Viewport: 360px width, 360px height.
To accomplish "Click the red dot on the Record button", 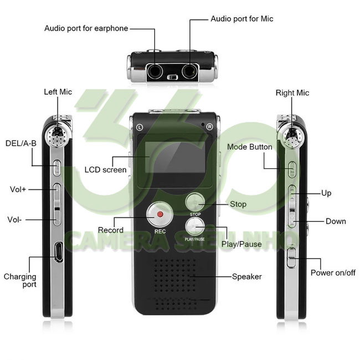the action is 160,214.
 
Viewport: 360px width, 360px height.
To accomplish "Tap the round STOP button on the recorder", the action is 195,202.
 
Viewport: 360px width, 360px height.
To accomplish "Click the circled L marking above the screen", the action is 140,127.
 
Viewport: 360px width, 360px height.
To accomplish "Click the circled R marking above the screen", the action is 209,127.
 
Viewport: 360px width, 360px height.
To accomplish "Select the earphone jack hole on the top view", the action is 155,71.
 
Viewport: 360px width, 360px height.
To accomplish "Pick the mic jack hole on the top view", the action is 190,71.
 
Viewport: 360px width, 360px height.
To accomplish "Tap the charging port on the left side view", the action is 59,251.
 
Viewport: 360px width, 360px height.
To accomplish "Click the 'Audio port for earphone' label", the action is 86,28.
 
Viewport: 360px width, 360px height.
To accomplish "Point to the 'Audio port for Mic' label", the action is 242,19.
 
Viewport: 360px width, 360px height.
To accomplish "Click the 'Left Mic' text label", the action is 58,92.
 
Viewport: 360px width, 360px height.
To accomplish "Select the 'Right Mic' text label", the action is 292,92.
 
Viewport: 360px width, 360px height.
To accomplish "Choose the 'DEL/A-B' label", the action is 21,143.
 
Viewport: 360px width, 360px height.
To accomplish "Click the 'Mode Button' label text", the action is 250,147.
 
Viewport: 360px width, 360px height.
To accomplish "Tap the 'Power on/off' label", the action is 333,272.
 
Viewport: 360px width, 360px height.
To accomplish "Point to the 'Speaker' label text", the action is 247,277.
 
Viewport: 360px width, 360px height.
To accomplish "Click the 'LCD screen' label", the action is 105,170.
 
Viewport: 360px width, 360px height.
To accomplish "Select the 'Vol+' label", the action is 18,189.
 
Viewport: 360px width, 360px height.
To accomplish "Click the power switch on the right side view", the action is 291,258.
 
